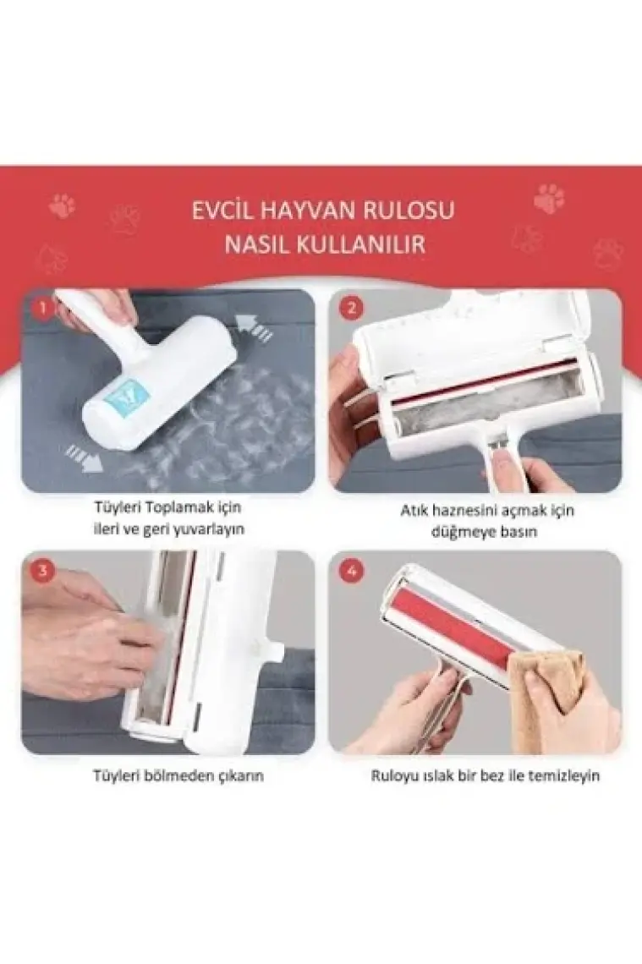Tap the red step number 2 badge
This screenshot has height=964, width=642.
(x=351, y=308)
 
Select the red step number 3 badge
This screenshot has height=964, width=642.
(x=41, y=571)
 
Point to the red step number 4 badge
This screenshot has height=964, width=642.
(x=351, y=571)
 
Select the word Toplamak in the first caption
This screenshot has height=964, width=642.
(x=181, y=508)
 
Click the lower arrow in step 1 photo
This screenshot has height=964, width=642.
(x=85, y=458)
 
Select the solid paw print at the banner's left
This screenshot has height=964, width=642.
(x=62, y=206)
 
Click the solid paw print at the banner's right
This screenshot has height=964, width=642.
(x=548, y=199)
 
